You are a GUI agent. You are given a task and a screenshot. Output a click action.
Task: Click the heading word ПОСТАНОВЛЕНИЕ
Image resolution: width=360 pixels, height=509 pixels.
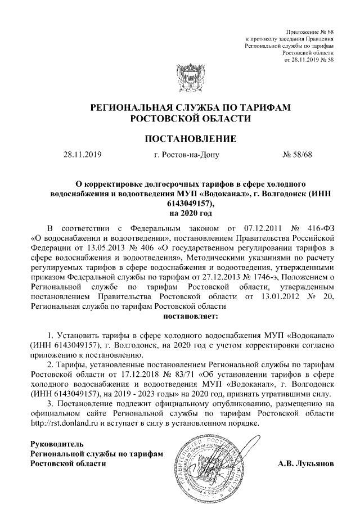pyautogui.click(x=180, y=138)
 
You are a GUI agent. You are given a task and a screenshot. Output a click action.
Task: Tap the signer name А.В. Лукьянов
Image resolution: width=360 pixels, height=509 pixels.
pyautogui.click(x=305, y=464)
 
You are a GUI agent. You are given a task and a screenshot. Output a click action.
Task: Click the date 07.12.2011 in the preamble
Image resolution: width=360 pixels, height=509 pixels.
pyautogui.click(x=258, y=229)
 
